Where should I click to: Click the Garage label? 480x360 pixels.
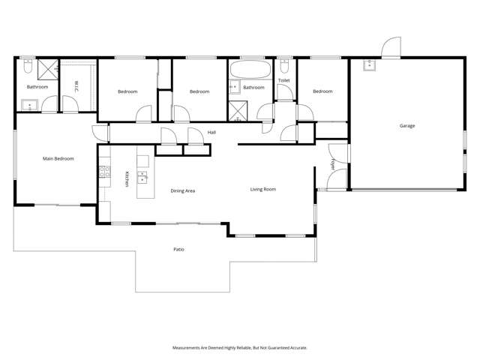click(406, 126)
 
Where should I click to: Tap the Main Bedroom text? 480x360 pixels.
click(58, 158)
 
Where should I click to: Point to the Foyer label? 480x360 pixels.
click(332, 163)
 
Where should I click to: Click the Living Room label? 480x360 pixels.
click(262, 189)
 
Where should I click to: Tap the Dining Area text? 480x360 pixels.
click(183, 191)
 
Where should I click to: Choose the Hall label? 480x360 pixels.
click(212, 133)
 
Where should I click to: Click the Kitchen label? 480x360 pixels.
click(127, 179)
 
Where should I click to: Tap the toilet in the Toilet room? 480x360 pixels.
click(283, 67)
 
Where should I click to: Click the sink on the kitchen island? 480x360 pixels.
click(142, 178)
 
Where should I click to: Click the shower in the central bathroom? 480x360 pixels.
click(238, 109)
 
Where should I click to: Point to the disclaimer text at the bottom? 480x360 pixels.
click(239, 347)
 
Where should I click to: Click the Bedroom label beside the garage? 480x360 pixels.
click(322, 91)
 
